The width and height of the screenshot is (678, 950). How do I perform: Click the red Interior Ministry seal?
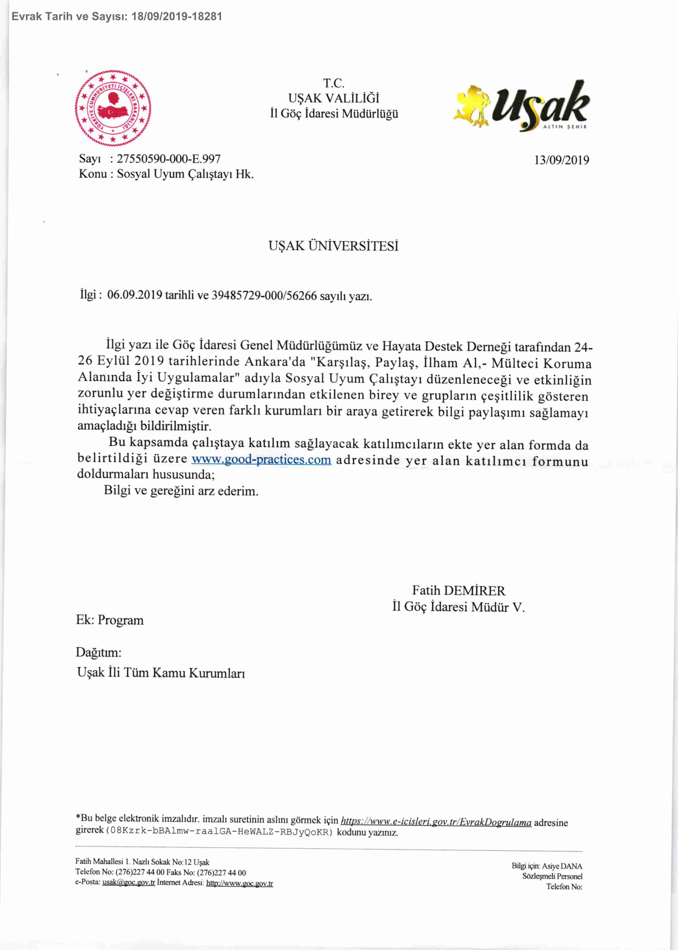(x=113, y=108)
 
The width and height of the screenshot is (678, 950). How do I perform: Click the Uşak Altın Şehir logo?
(x=522, y=106)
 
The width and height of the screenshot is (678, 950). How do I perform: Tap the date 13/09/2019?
(x=562, y=160)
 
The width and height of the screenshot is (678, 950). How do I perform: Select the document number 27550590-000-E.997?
(x=169, y=159)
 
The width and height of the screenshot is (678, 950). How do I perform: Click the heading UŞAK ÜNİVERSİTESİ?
(x=333, y=246)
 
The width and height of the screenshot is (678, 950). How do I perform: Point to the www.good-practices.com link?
(x=261, y=460)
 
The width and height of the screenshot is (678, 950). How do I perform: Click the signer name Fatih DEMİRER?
(x=458, y=590)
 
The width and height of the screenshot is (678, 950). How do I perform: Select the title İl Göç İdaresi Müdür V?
(x=458, y=606)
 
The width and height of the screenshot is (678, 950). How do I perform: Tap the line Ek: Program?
(x=110, y=620)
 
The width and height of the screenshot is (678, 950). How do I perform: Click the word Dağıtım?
(x=98, y=652)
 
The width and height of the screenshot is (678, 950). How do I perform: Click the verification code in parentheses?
(x=220, y=832)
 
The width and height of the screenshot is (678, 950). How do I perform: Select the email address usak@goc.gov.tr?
(x=129, y=883)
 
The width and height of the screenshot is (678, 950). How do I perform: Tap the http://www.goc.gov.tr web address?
(x=240, y=884)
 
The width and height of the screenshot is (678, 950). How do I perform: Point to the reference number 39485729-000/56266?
(x=264, y=296)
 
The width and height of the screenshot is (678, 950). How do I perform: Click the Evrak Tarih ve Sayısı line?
(x=117, y=16)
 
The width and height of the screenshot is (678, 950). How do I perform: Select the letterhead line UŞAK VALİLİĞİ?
(x=334, y=98)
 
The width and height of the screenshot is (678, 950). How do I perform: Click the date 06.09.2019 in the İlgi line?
(x=135, y=295)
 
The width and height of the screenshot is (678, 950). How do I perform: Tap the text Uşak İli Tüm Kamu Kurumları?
(x=161, y=672)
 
